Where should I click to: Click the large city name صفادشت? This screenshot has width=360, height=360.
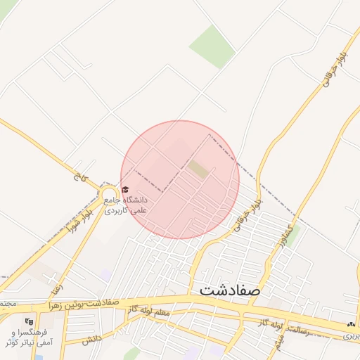[230, 289]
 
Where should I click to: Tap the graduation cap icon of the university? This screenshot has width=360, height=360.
[125, 189]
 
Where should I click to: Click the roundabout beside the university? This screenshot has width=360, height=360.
[108, 193]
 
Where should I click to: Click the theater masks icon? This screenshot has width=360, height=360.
[28, 321]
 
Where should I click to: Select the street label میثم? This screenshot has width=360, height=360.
[279, 342]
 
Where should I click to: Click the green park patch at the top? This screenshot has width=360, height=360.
[211, 46]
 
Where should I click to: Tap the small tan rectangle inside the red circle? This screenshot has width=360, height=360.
[198, 169]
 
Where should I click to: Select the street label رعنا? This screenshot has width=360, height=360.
[56, 284]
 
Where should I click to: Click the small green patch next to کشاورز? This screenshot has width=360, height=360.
[293, 231]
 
